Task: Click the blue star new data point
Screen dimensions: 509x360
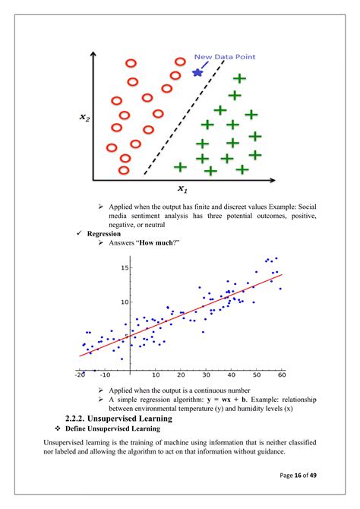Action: click(x=197, y=72)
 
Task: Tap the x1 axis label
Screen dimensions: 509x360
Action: click(x=182, y=188)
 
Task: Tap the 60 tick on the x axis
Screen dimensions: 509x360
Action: click(x=282, y=375)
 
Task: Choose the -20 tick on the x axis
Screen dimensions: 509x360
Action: click(x=80, y=375)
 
